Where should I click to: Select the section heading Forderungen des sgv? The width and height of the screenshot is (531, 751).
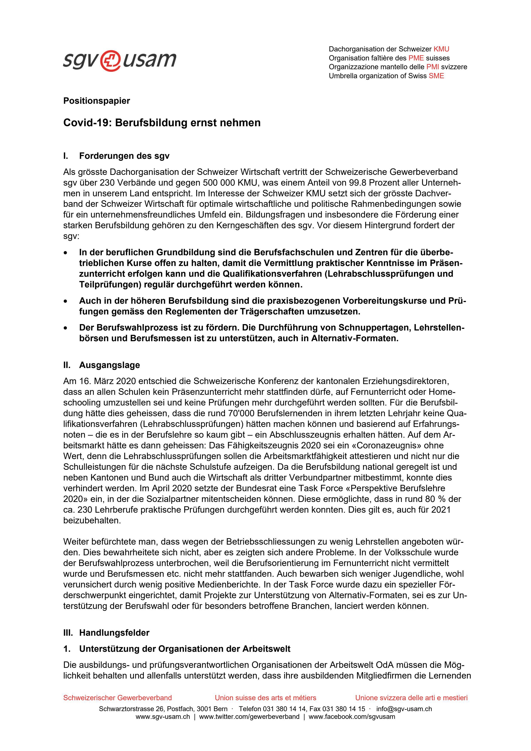124,156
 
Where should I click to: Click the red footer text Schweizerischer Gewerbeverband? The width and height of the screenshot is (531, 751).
117,698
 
